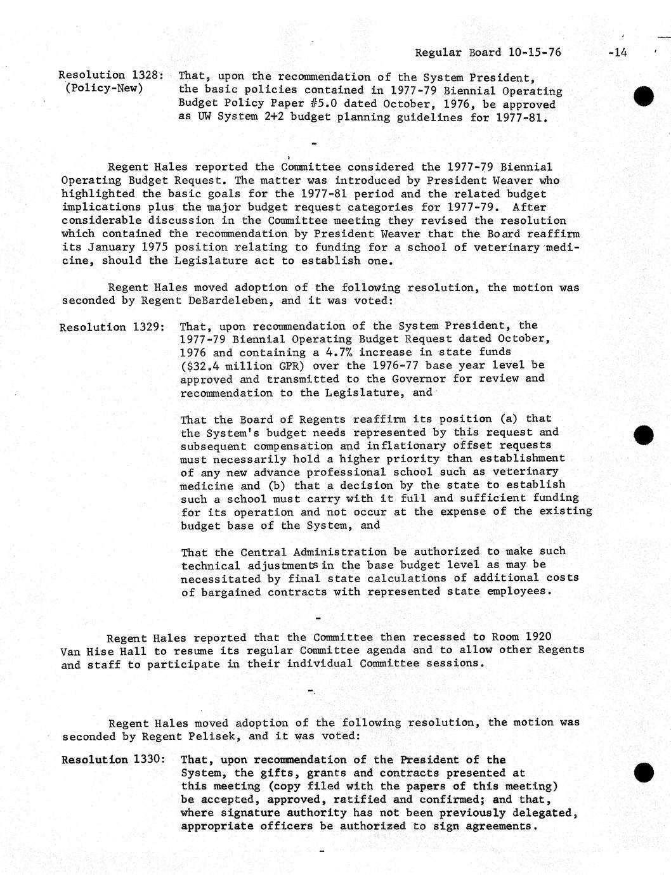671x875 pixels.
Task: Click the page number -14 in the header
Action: (616, 53)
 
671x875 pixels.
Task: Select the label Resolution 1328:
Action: (112, 75)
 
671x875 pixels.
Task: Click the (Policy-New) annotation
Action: (104, 88)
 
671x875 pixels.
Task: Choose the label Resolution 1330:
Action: (114, 760)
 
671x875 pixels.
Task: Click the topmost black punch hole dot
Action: (643, 96)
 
